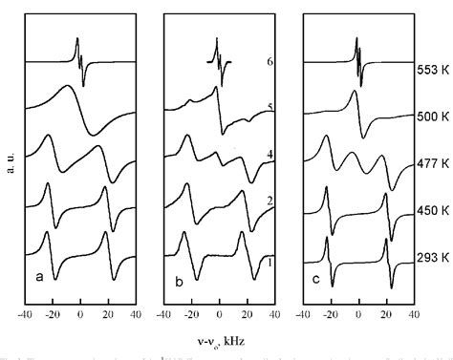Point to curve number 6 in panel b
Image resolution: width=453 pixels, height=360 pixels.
point(270,61)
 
